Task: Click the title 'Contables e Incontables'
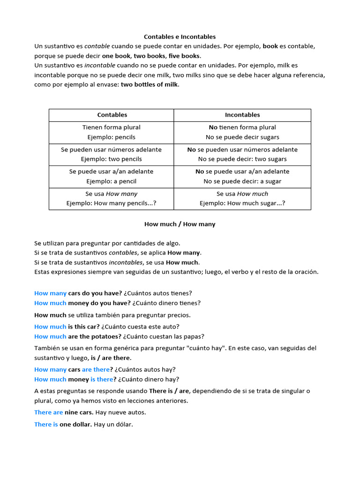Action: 180,37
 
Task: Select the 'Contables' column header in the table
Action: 112,115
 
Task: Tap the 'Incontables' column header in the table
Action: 242,115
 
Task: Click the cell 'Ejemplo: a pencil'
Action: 112,181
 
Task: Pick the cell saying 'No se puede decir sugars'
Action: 242,137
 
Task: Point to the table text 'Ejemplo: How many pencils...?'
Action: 112,203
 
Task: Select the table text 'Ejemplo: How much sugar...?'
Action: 242,203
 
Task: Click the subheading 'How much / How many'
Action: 180,224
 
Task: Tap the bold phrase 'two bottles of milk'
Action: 150,85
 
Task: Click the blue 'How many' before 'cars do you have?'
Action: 50,293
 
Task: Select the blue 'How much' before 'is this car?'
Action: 50,327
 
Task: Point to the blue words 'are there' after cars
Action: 96,370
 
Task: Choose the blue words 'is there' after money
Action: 102,380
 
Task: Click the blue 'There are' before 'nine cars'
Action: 48,412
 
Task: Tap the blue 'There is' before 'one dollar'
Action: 46,425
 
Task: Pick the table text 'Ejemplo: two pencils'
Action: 112,159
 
